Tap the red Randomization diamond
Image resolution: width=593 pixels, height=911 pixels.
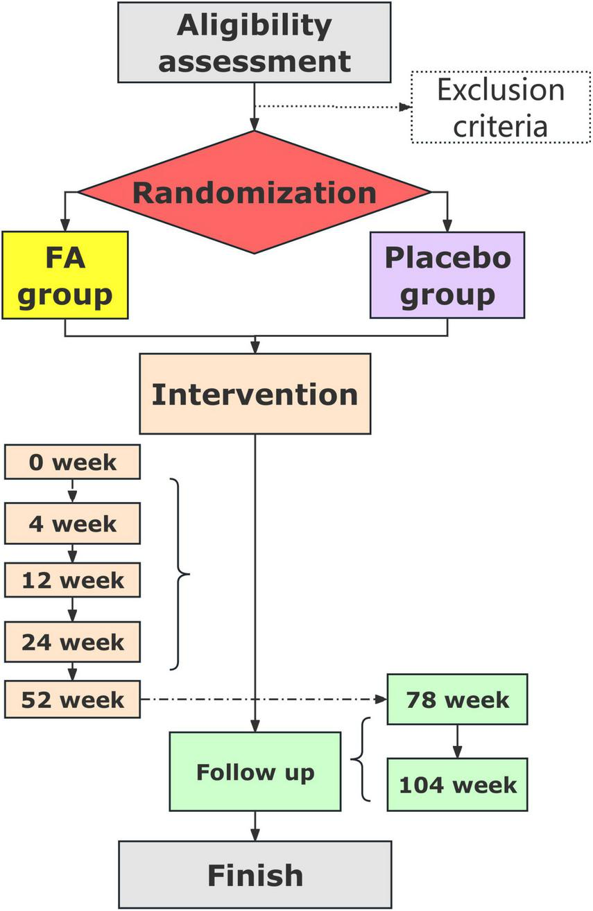pyautogui.click(x=255, y=192)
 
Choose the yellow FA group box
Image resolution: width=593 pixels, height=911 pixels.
pyautogui.click(x=65, y=275)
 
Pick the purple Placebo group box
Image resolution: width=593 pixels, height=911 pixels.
pyautogui.click(x=447, y=275)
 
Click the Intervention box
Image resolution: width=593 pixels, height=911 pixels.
pyautogui.click(x=255, y=394)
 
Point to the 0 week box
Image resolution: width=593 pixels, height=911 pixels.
pyautogui.click(x=72, y=462)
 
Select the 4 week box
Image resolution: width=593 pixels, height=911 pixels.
pyautogui.click(x=72, y=523)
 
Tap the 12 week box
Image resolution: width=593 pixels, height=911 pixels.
pyautogui.click(x=72, y=580)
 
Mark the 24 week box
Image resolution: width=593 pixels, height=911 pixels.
pyautogui.click(x=72, y=641)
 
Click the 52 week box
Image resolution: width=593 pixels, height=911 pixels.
pyautogui.click(x=72, y=699)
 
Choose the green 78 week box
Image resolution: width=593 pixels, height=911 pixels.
pyautogui.click(x=457, y=699)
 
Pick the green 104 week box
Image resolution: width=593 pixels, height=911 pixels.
pyautogui.click(x=457, y=784)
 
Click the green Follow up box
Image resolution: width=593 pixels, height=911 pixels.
pyautogui.click(x=255, y=772)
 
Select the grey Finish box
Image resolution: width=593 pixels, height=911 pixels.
pyautogui.click(x=255, y=875)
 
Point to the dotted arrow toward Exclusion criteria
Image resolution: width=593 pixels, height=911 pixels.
pyautogui.click(x=333, y=107)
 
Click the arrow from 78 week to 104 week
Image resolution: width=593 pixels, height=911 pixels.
pyautogui.click(x=457, y=741)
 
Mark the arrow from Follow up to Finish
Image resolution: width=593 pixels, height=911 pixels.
pyautogui.click(x=255, y=826)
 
